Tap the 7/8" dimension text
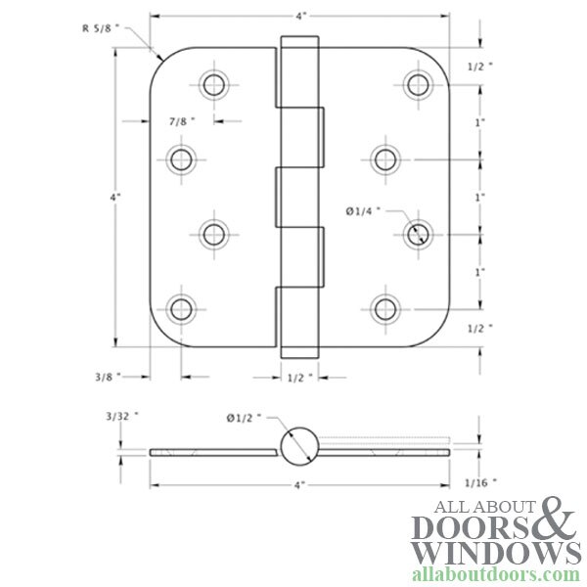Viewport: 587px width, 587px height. [x=181, y=121]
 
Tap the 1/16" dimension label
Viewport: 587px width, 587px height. [x=481, y=482]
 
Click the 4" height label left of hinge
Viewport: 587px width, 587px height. [x=116, y=198]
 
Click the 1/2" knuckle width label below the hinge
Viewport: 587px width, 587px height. [x=300, y=376]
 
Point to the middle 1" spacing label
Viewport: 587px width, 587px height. [x=479, y=198]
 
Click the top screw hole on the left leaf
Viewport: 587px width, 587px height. [x=214, y=83]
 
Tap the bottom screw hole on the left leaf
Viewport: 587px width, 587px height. [x=181, y=309]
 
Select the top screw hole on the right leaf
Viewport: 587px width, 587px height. [x=418, y=83]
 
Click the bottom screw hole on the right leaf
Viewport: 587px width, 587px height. [x=384, y=309]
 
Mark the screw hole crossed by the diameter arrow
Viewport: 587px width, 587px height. [x=418, y=234]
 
